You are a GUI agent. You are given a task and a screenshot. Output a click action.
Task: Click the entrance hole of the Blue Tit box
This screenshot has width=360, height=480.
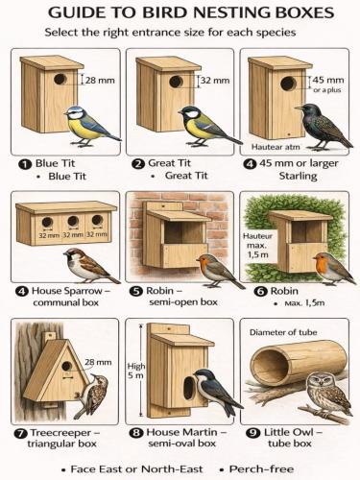click(x=60, y=79)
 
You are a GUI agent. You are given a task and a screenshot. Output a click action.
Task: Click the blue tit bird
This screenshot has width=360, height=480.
click(x=90, y=126)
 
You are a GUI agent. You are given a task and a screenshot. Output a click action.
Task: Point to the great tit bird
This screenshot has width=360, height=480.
click(x=208, y=126)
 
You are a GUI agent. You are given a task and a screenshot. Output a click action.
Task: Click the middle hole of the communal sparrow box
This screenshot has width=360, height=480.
click(x=73, y=221)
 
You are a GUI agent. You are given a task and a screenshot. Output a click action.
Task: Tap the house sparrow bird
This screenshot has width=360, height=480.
click(x=89, y=266)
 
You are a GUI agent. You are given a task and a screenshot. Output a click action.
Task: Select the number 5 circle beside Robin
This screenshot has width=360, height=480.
click(x=136, y=292)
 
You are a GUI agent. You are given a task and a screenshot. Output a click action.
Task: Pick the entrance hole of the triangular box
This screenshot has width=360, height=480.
click(x=66, y=366)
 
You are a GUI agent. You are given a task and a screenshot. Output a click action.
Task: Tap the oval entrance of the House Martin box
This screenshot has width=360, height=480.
click(x=189, y=388)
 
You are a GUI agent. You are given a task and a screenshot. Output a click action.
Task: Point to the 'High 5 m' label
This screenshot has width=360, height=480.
click(x=136, y=371)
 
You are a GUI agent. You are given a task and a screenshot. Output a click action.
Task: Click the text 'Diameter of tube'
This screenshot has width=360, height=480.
click(x=283, y=332)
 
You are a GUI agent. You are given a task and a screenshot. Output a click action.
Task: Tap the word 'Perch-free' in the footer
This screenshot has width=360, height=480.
click(x=261, y=469)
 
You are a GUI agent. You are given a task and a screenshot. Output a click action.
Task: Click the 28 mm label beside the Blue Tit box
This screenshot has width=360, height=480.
click(x=100, y=80)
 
